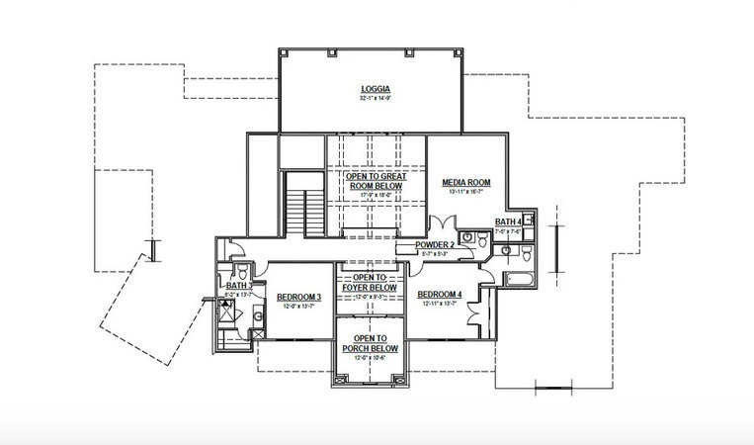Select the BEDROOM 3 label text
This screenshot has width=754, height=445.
pyautogui.click(x=298, y=298)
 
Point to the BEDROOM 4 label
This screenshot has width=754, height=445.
pyautogui.click(x=440, y=295)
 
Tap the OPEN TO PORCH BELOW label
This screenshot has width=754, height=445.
pyautogui.click(x=370, y=343)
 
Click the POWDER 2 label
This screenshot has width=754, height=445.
pyautogui.click(x=434, y=244)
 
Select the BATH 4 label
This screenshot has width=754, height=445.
pyautogui.click(x=508, y=222)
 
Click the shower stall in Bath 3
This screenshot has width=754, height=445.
pyautogui.click(x=225, y=314)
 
